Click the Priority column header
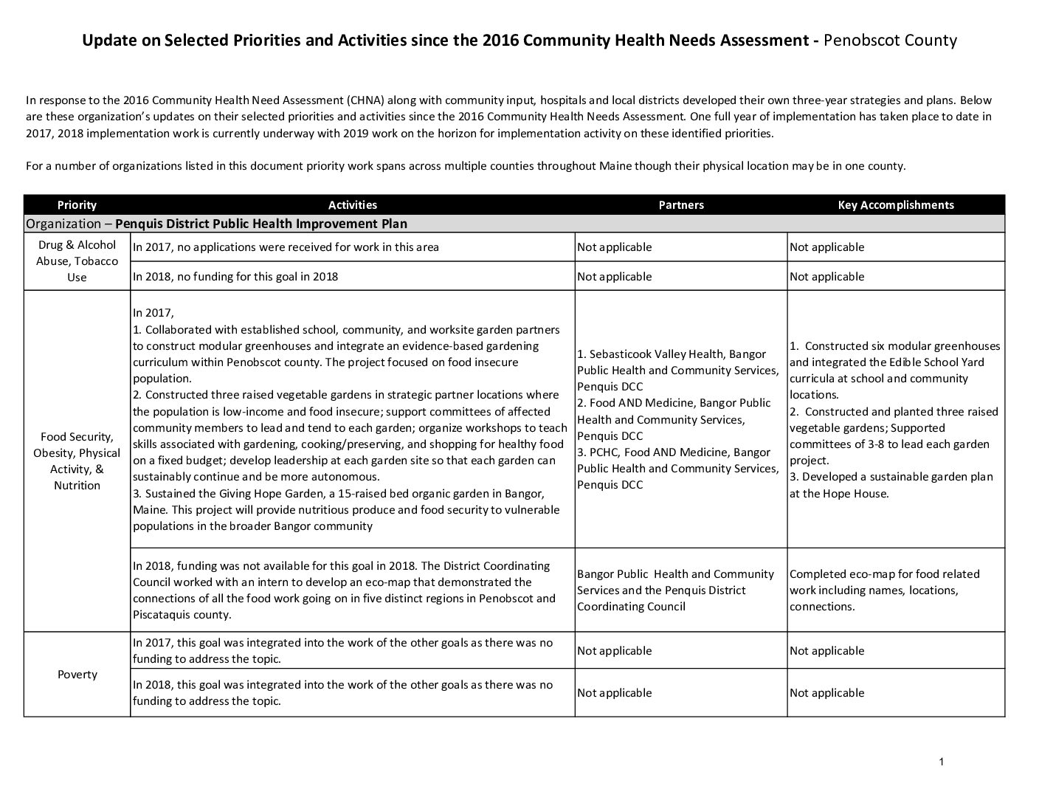(77, 205)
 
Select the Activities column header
(352, 205)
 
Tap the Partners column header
(680, 205)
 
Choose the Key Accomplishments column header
(895, 205)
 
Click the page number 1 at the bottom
(942, 762)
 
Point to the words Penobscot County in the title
(890, 41)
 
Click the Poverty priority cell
(77, 675)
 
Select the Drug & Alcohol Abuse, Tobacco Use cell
(77, 261)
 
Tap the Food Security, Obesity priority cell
(77, 461)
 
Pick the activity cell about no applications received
(286, 247)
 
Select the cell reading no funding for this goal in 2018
(235, 277)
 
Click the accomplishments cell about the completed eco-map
(884, 590)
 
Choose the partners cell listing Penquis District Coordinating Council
(675, 590)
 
